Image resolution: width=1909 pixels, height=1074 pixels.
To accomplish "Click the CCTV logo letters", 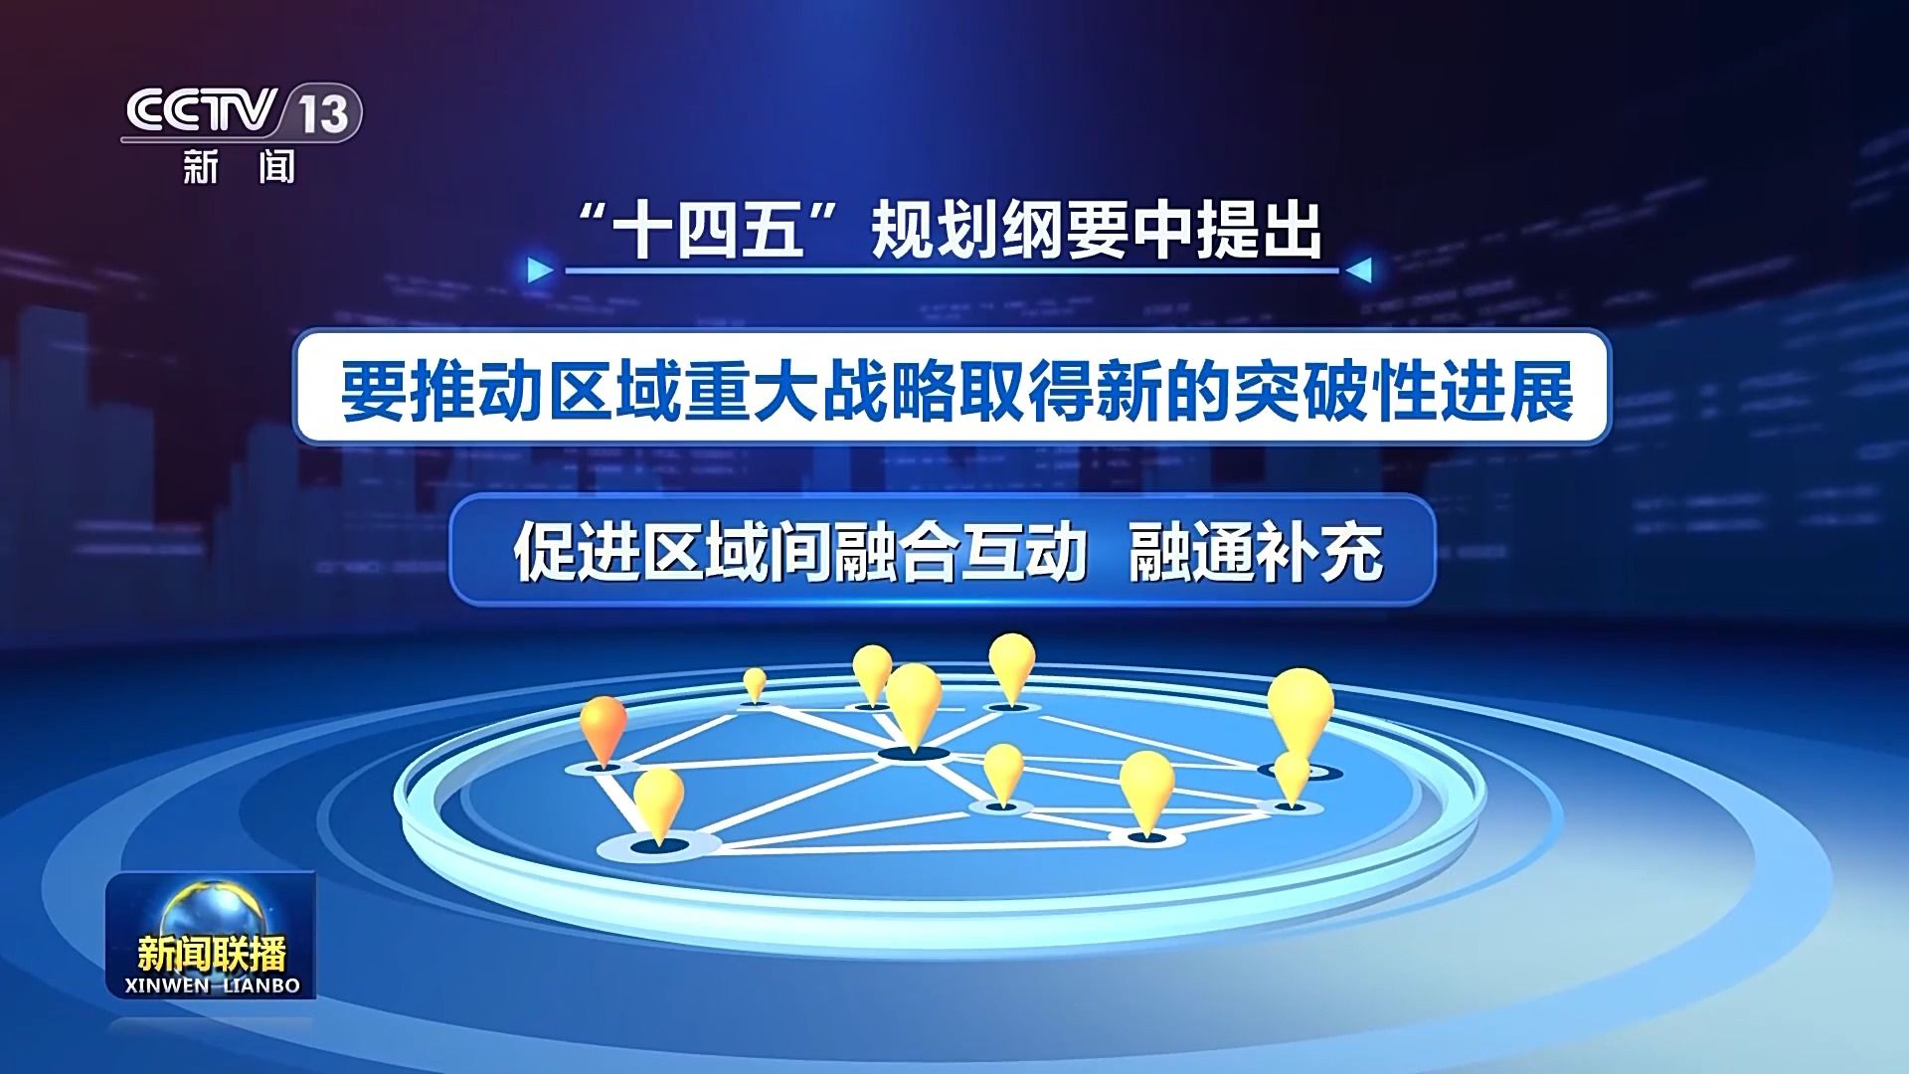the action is click(199, 111).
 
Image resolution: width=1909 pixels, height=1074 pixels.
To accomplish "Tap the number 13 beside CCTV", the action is click(323, 113).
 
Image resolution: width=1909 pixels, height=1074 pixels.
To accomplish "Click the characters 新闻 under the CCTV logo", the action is click(240, 166).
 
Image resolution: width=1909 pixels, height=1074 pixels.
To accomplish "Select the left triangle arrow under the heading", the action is click(540, 270).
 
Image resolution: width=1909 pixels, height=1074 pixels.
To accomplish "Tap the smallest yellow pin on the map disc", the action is click(755, 684).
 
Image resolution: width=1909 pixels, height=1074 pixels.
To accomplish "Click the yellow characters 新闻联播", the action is click(211, 954).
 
